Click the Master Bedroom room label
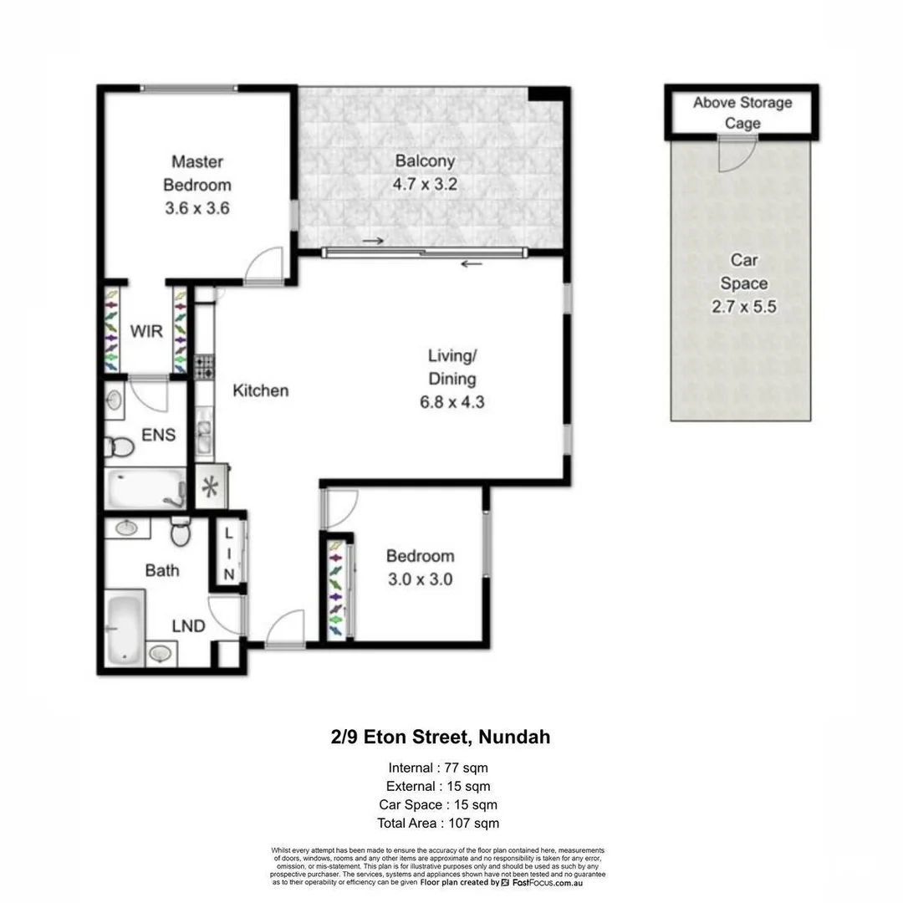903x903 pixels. (196, 173)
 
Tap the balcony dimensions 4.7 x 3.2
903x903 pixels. (426, 185)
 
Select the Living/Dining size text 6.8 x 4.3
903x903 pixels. (452, 402)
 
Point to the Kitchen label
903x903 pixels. (260, 390)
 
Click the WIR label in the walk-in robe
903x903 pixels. (145, 331)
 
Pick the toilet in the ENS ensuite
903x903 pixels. (120, 447)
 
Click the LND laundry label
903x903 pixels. (188, 626)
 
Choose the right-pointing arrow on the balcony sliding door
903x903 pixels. (374, 242)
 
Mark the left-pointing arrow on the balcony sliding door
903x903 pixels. (472, 264)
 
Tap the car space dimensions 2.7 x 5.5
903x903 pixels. (743, 307)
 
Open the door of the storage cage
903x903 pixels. (737, 155)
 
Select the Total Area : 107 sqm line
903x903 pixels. (438, 824)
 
